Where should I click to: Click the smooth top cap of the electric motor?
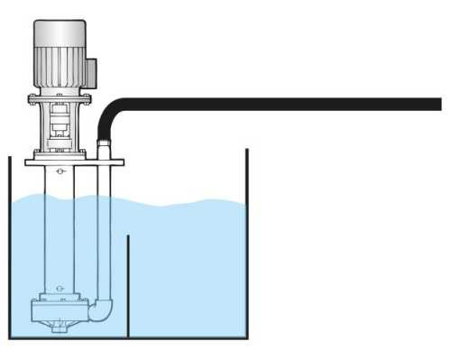tap(60, 28)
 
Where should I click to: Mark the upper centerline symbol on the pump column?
tap(60, 171)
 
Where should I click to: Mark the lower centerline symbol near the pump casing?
tap(60, 289)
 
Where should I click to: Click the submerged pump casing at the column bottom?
tap(58, 310)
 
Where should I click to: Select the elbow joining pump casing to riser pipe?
tap(101, 309)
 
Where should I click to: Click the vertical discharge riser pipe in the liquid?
tap(104, 235)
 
